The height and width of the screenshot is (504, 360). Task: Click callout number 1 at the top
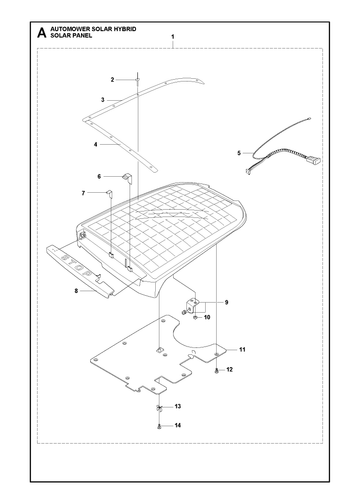[173, 36]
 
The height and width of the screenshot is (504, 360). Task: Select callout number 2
[112, 80]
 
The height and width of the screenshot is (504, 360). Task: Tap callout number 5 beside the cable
[239, 153]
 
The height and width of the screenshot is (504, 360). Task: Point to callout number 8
[76, 291]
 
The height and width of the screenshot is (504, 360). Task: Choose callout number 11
[242, 349]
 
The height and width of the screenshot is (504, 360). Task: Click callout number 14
[178, 425]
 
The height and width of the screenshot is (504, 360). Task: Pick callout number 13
[178, 406]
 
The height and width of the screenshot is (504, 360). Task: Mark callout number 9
[226, 302]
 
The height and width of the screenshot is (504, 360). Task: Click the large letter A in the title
[42, 33]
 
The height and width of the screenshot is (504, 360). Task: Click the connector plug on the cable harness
[314, 160]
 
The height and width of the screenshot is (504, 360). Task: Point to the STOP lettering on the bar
[77, 264]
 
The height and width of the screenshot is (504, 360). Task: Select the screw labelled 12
[217, 370]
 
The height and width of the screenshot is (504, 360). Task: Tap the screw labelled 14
[159, 426]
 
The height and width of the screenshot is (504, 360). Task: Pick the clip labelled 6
[127, 177]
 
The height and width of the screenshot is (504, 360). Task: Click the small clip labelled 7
[109, 192]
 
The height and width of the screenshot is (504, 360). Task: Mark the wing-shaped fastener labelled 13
[159, 407]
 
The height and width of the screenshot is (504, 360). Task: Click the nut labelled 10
[195, 317]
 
